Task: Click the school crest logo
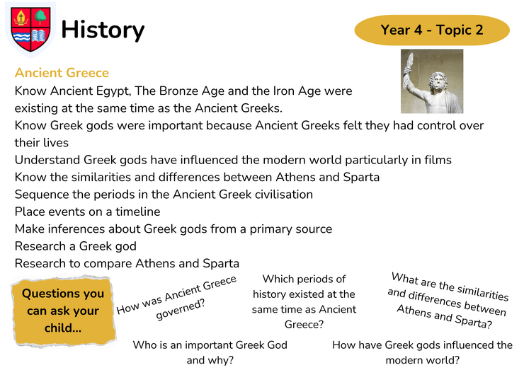click(30, 30)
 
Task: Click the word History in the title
click(103, 30)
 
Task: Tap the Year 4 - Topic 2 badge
click(432, 30)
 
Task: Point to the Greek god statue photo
click(432, 81)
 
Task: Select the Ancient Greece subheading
click(62, 73)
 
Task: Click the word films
click(438, 160)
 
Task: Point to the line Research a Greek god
click(76, 246)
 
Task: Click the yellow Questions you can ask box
click(63, 311)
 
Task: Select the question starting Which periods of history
click(304, 301)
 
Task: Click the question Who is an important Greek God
click(210, 352)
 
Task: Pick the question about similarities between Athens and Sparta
click(447, 300)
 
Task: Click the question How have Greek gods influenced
click(423, 352)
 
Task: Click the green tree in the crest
click(40, 16)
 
